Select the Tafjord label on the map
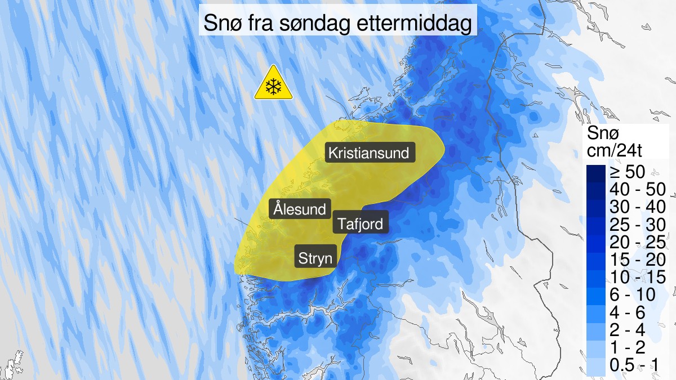click(x=361, y=223)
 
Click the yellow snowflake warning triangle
click(x=273, y=83)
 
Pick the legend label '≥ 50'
click(x=626, y=173)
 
